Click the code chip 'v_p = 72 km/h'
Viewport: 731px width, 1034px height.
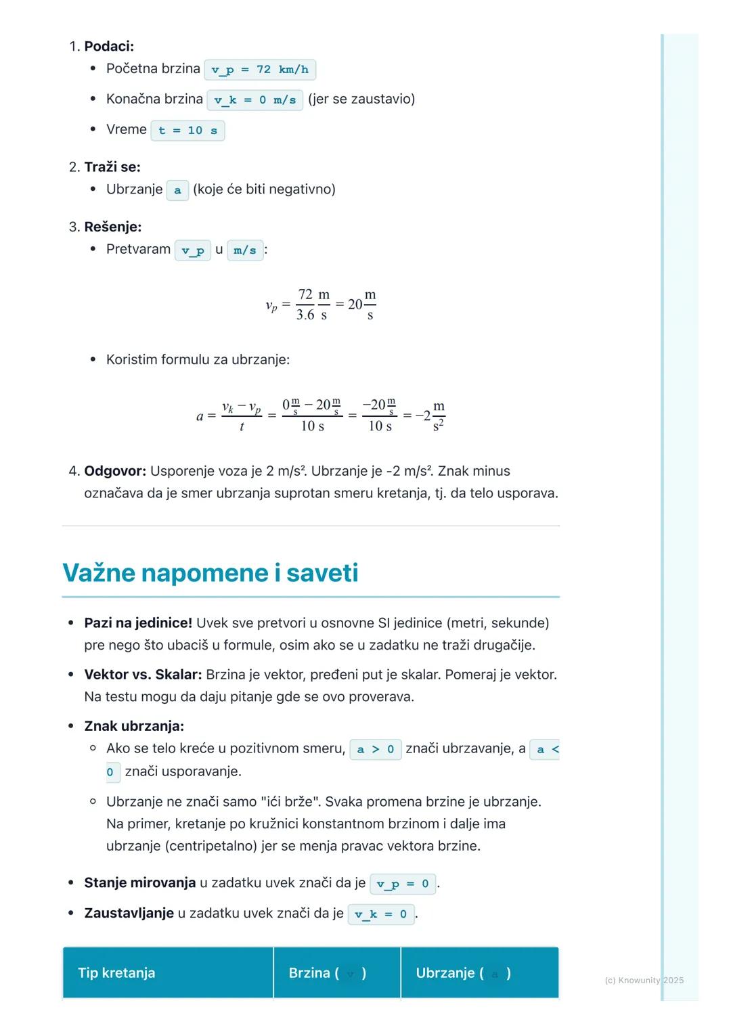coord(260,70)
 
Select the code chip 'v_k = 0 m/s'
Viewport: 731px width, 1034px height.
coord(254,100)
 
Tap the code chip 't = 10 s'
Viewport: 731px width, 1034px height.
coord(187,131)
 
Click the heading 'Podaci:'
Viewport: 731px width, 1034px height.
coord(109,46)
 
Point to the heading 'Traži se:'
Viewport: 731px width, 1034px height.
coord(112,166)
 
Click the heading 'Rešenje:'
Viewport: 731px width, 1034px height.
coord(112,227)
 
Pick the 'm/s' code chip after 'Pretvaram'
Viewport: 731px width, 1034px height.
coord(245,250)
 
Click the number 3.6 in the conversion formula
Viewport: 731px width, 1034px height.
coord(305,315)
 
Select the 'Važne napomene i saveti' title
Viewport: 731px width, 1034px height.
coord(211,572)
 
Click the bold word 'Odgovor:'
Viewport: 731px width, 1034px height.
coord(115,471)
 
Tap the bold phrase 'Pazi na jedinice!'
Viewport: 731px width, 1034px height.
coord(138,623)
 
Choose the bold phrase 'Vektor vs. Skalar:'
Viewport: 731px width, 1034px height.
coord(143,675)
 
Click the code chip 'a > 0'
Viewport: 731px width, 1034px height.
coord(376,749)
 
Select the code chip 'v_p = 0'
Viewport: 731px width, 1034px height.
coord(403,884)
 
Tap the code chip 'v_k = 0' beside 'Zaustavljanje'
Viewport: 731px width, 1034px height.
coord(380,914)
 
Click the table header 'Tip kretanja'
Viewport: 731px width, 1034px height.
coord(116,972)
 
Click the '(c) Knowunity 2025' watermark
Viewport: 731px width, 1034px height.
coord(644,980)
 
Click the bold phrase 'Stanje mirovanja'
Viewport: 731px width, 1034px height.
coord(140,882)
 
